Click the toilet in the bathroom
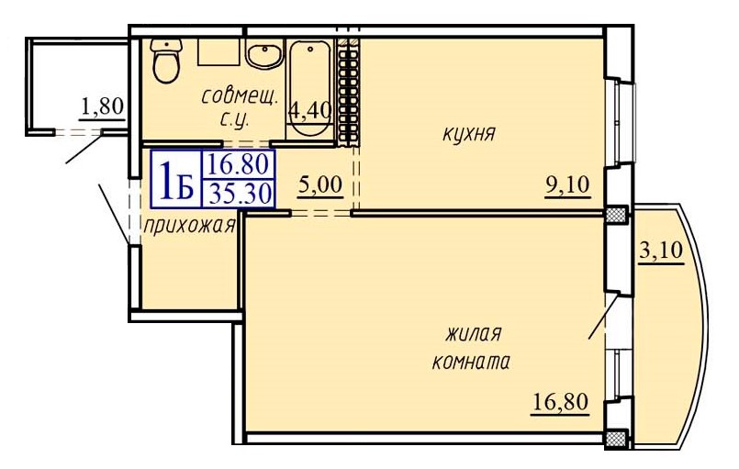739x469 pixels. click(166, 62)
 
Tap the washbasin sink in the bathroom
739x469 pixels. click(265, 56)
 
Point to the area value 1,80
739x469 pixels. click(102, 107)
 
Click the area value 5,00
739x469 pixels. click(319, 184)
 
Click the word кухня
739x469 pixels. click(469, 134)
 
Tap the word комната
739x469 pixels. click(471, 362)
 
